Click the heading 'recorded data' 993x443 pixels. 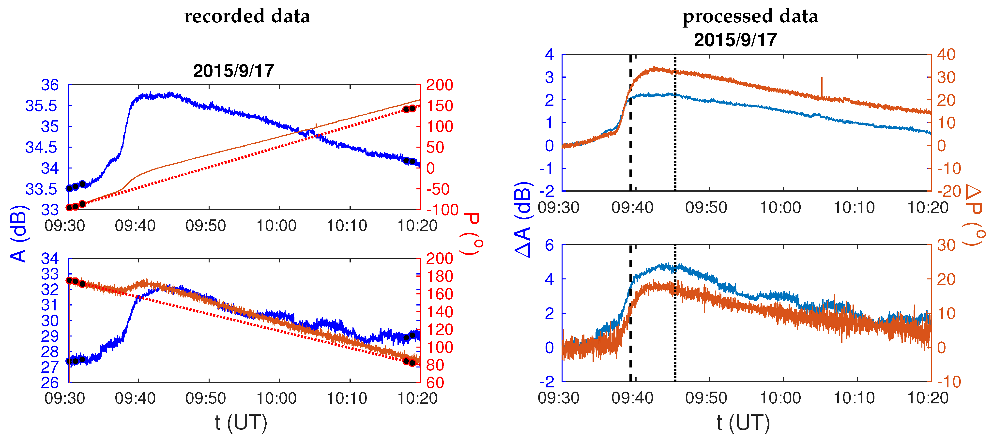(x=247, y=16)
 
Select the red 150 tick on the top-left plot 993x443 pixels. (x=440, y=106)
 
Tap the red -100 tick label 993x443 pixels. (x=442, y=210)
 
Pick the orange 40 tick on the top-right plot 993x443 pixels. (x=946, y=54)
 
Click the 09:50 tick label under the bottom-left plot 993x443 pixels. (x=205, y=398)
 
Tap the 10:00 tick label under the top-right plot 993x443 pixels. (x=780, y=207)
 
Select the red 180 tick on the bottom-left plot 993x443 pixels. (x=440, y=276)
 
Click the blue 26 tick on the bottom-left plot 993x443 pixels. (x=50, y=382)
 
